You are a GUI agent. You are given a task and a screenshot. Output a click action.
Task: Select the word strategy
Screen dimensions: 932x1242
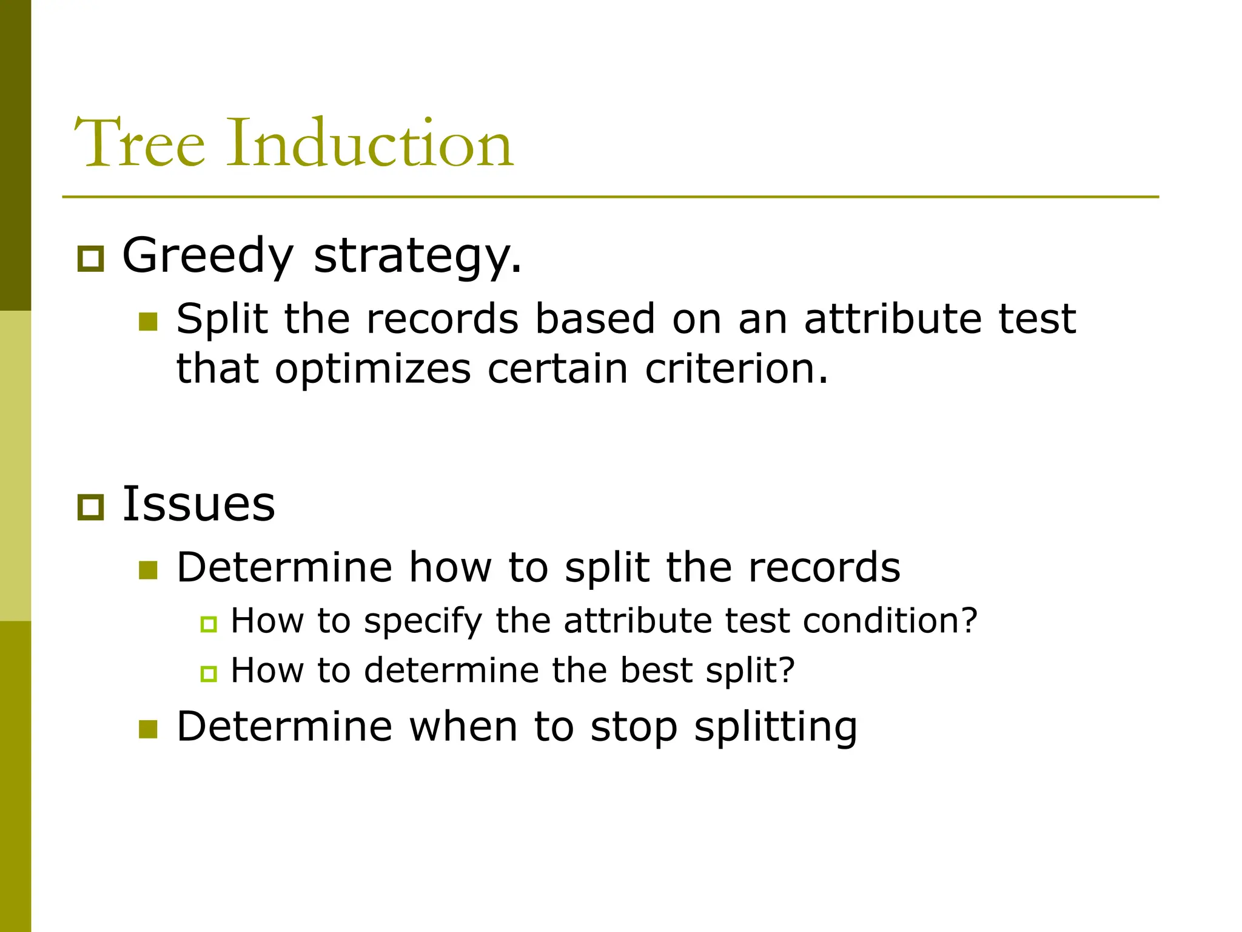coord(417,255)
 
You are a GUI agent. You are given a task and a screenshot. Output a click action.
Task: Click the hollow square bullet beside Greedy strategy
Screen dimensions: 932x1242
coord(91,259)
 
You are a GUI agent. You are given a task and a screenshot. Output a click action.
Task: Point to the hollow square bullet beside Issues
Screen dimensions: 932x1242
coord(91,507)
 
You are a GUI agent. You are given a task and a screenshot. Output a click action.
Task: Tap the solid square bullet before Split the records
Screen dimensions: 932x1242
coord(148,322)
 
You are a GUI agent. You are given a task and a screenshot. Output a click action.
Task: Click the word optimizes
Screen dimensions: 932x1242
coord(372,370)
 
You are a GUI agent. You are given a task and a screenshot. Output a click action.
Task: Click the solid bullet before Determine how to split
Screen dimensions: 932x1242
coord(148,570)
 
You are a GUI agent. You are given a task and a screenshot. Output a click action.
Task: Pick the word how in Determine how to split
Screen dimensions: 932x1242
coord(450,567)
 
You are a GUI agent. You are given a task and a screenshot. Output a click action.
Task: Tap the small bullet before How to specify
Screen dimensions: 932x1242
coord(209,624)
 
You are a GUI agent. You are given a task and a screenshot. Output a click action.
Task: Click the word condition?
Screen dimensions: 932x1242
coord(890,621)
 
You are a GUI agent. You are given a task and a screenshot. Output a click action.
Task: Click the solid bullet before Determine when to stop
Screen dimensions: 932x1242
coord(148,729)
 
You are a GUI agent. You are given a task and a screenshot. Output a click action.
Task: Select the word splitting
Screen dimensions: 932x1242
coord(776,727)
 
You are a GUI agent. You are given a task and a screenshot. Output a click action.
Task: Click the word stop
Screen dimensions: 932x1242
coord(634,727)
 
